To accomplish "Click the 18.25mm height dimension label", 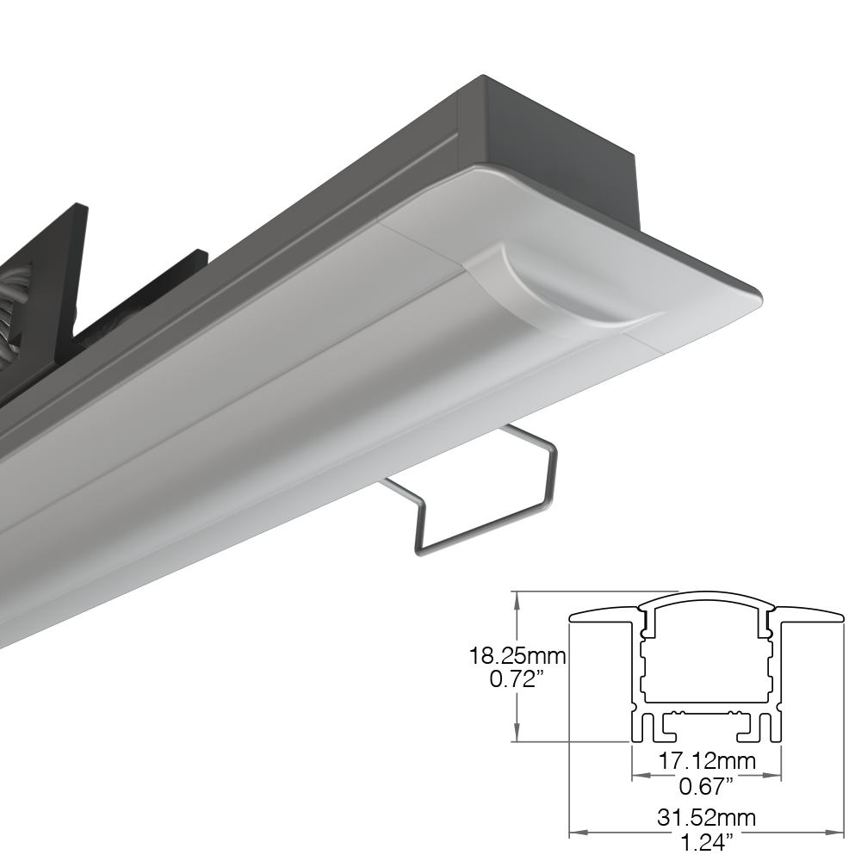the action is (517, 655).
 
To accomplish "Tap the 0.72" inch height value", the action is (517, 680).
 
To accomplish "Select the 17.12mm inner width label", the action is (707, 761).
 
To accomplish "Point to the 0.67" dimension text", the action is (707, 786).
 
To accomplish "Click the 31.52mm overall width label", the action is (707, 818).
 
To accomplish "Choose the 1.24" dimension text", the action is (707, 843).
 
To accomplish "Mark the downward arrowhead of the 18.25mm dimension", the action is (516, 733).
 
